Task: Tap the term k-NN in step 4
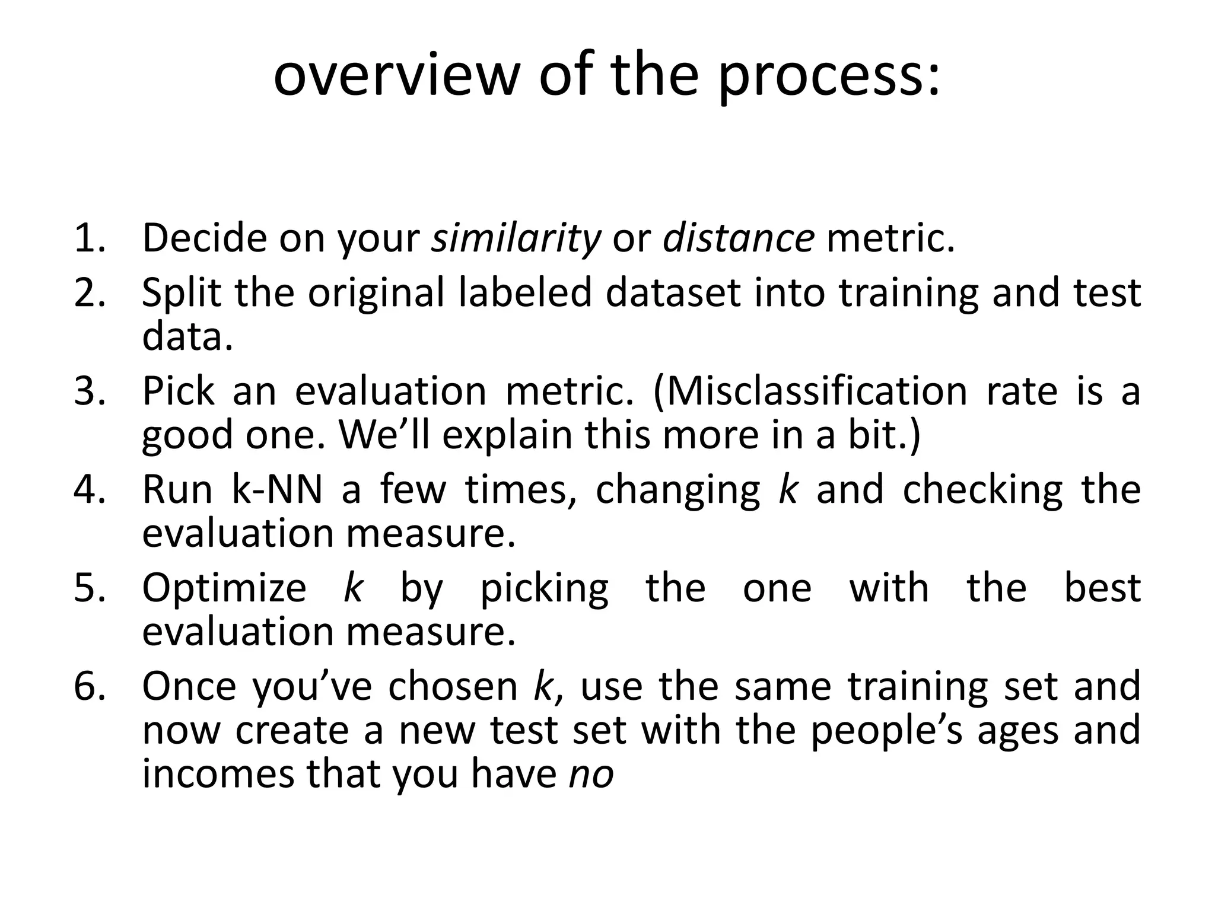click(x=277, y=490)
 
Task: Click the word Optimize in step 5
click(x=224, y=588)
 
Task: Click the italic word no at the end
click(x=591, y=775)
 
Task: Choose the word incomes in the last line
click(x=218, y=775)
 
